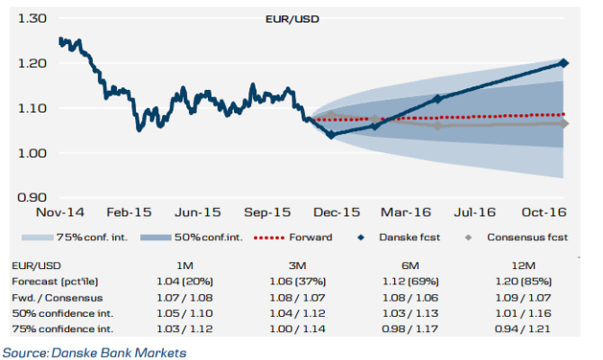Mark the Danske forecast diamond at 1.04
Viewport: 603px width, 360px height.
[331, 135]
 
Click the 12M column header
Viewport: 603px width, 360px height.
[522, 266]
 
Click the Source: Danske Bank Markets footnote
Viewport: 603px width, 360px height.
[94, 351]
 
